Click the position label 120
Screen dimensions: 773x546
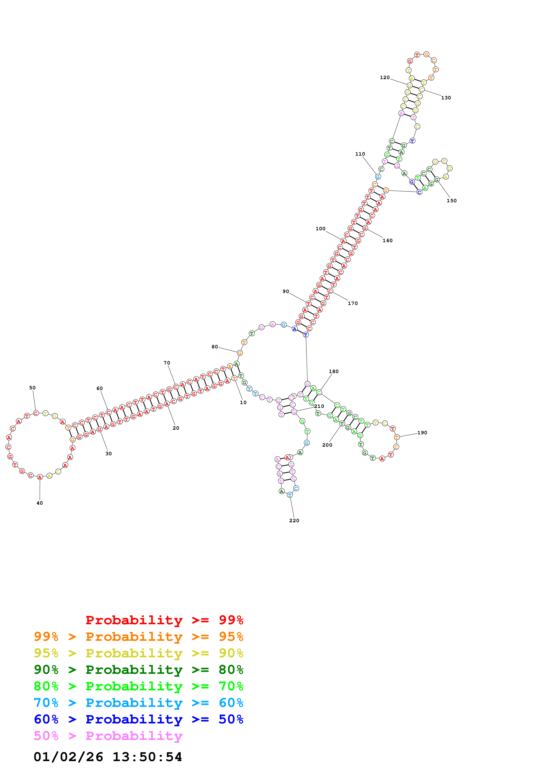(x=385, y=77)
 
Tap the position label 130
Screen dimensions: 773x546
(x=446, y=98)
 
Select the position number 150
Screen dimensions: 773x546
(x=452, y=201)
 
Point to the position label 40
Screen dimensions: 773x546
(x=40, y=503)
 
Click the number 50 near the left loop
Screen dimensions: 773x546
(x=32, y=388)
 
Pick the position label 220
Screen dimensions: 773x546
(x=294, y=520)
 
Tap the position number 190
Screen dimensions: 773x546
(x=422, y=433)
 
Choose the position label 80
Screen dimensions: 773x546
(x=215, y=347)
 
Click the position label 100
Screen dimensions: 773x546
(x=320, y=229)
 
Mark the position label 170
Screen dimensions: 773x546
(x=353, y=303)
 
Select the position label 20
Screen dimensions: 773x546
(x=176, y=428)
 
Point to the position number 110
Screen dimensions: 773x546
(x=360, y=154)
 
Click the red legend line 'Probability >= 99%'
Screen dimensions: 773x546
(x=164, y=620)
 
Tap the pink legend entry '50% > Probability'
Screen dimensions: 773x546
(x=108, y=736)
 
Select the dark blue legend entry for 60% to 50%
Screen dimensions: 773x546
(x=138, y=719)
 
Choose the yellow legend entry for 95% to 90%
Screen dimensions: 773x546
(x=138, y=653)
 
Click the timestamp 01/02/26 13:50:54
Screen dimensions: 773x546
(x=108, y=757)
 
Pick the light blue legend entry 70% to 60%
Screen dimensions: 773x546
(x=138, y=703)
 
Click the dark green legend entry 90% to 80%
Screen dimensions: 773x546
(x=138, y=670)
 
